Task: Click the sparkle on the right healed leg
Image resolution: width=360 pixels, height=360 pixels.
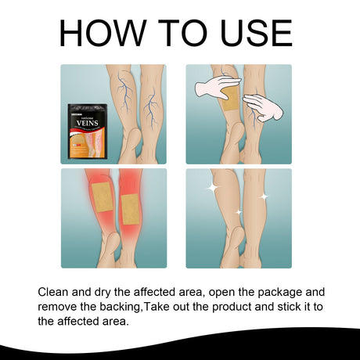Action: [x=263, y=196]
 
